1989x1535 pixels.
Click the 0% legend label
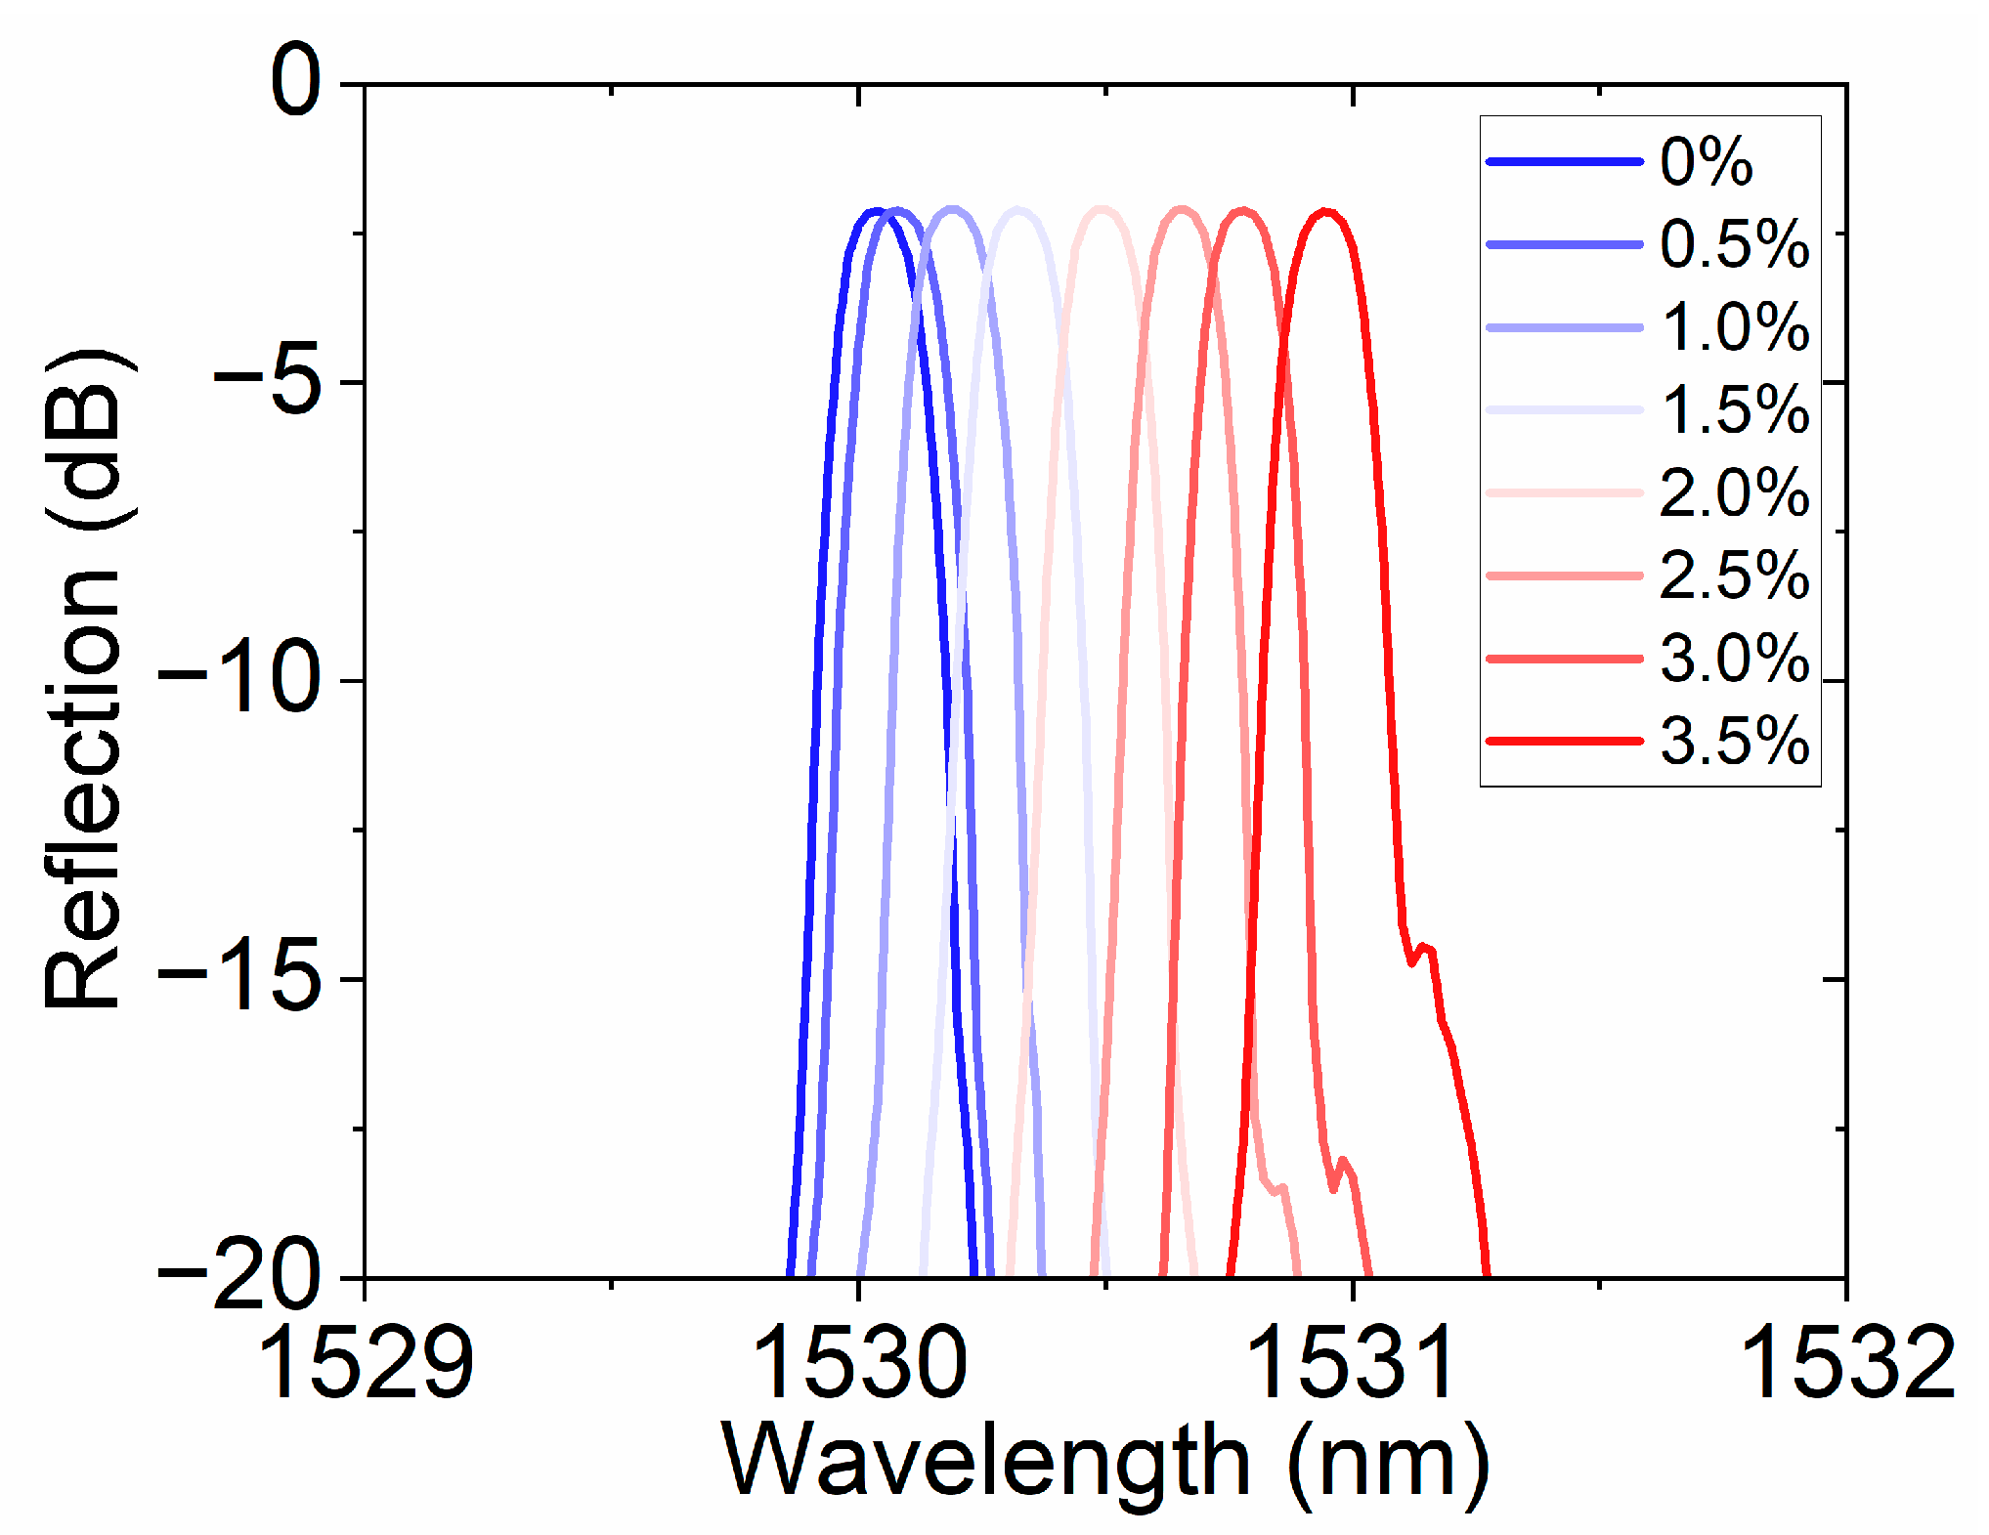1706,161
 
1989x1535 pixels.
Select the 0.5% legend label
1734,244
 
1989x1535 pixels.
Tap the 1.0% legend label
1734,326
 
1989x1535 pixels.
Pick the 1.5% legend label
1734,409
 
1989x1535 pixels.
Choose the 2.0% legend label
1734,492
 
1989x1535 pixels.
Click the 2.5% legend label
1734,576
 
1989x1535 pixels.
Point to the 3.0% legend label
1734,658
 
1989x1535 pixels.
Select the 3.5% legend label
1734,741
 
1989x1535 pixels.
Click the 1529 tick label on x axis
366,1362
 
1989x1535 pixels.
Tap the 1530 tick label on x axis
859,1362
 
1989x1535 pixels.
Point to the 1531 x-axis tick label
1353,1362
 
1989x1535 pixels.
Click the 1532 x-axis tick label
1845,1362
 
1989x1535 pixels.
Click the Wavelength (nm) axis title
1104,1462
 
